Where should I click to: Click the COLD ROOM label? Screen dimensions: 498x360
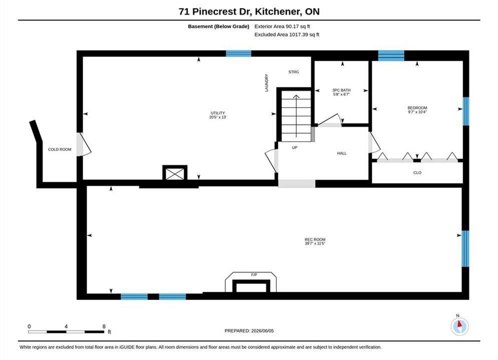[60, 149]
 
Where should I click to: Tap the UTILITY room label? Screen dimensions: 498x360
[218, 113]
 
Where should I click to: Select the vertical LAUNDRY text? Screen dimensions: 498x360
[266, 83]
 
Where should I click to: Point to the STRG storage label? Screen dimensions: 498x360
[293, 72]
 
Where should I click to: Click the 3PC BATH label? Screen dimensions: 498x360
[341, 90]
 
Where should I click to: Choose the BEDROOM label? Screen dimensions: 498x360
[417, 108]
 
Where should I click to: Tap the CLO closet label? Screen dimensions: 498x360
[417, 172]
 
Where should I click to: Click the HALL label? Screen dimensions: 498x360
[342, 153]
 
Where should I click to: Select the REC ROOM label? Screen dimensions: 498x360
[315, 239]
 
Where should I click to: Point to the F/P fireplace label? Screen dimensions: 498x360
[254, 274]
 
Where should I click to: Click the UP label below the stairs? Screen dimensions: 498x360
[295, 147]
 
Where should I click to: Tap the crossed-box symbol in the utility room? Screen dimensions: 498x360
[175, 173]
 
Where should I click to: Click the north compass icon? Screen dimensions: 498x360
[459, 326]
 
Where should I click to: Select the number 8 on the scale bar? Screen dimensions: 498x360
[104, 326]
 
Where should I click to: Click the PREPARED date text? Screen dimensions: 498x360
[249, 331]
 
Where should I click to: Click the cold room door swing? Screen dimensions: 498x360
[84, 144]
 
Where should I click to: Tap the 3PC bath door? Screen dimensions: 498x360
[330, 120]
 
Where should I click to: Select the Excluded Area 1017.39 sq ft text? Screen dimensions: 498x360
[287, 34]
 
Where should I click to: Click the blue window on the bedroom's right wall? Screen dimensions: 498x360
[466, 111]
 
